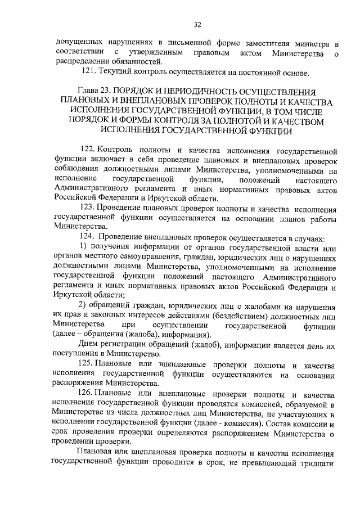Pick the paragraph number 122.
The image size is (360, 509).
coord(89,151)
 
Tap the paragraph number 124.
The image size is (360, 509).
coord(89,238)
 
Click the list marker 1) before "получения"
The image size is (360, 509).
coord(83,247)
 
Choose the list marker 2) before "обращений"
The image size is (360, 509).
coord(83,305)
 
